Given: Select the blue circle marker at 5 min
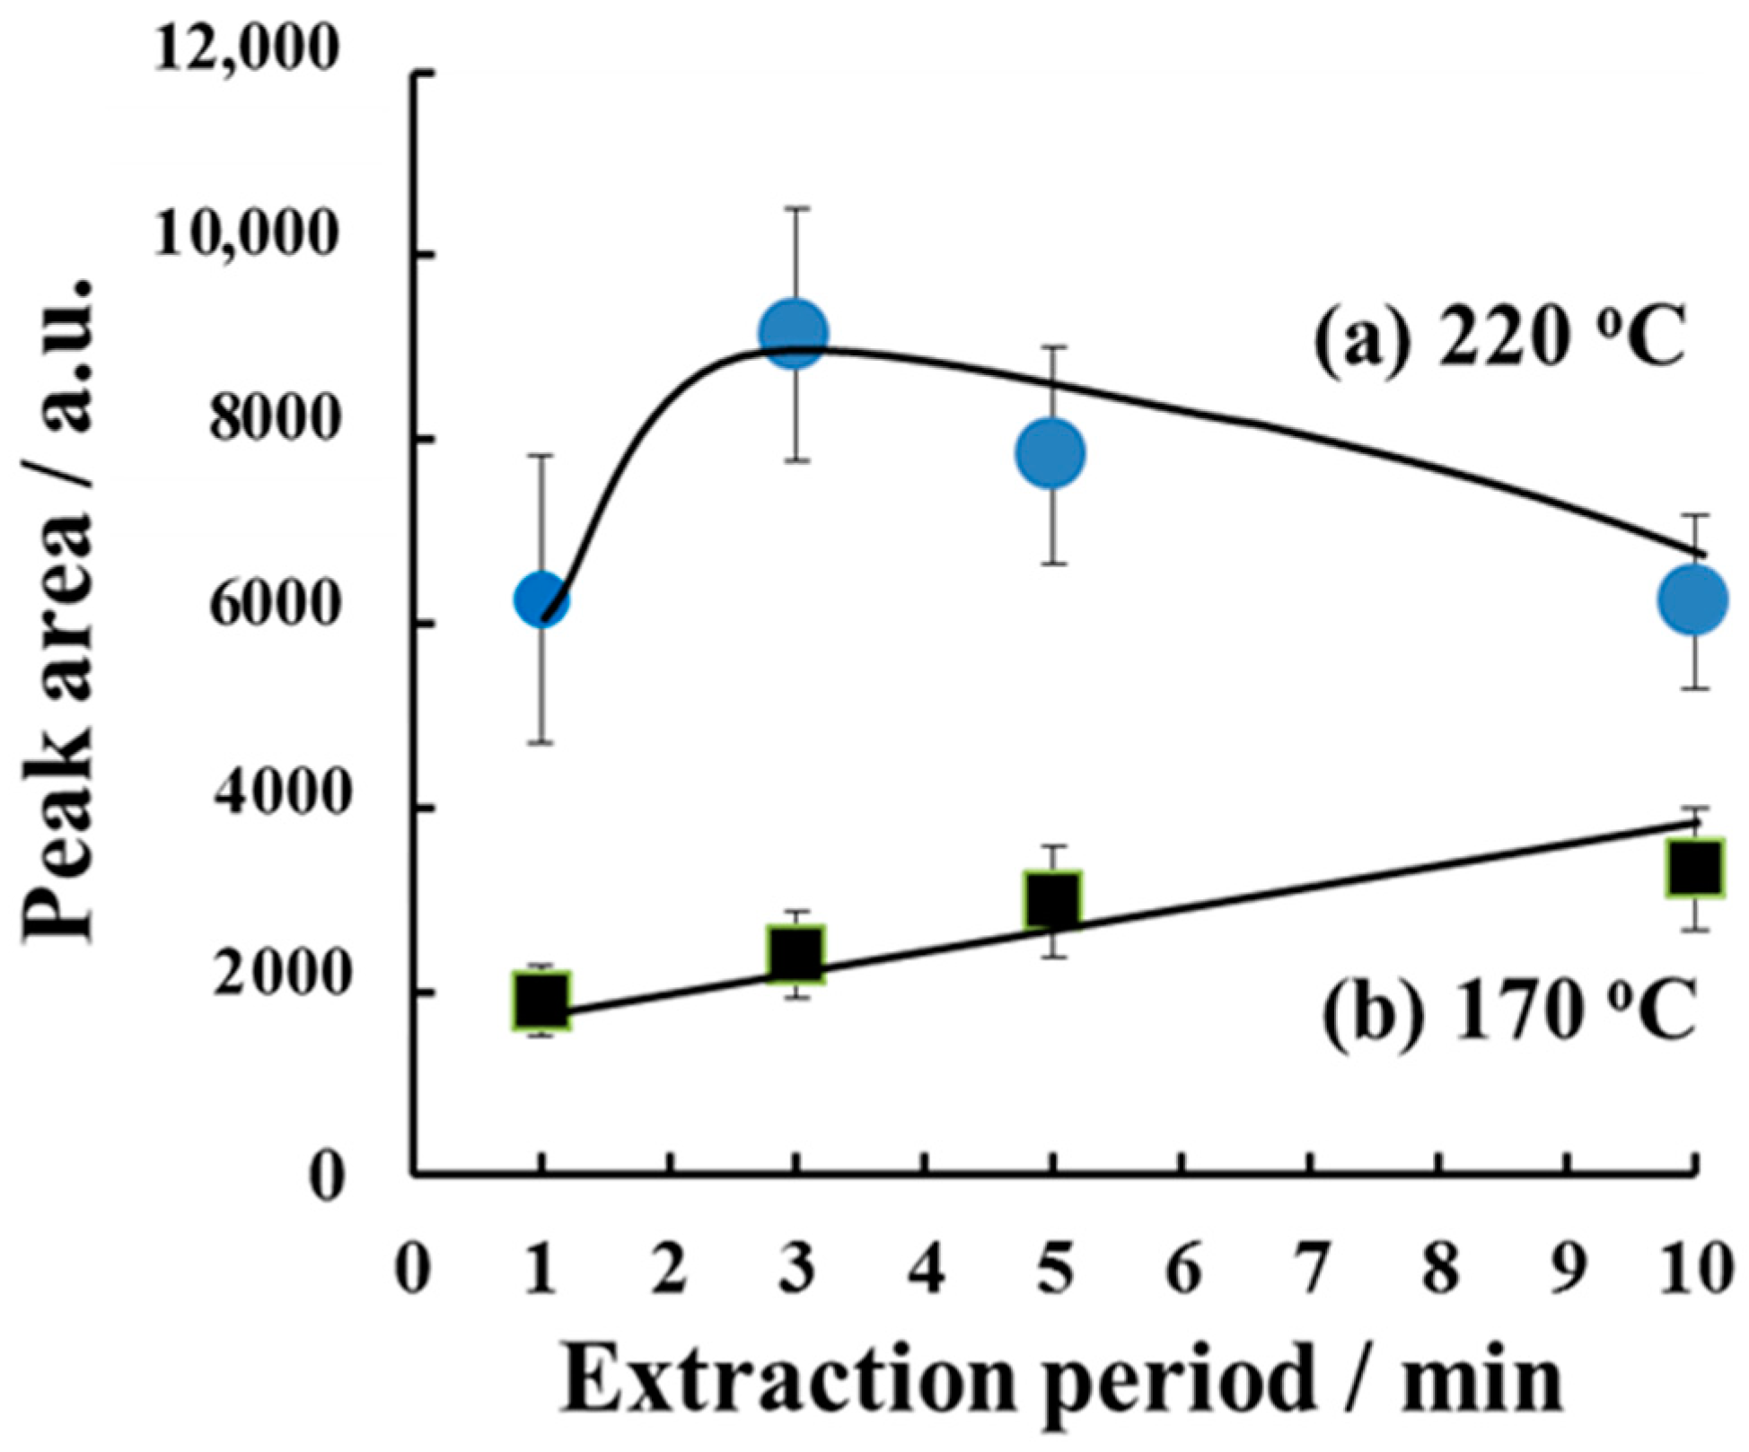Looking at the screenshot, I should [x=1051, y=454].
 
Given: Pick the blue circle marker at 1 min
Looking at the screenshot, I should [x=541, y=599].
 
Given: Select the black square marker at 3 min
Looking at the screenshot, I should [x=795, y=953].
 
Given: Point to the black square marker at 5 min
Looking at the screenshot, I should [x=1052, y=898].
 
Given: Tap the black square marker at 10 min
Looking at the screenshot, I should [x=1693, y=866].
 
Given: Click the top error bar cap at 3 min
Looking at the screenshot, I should [x=795, y=208].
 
